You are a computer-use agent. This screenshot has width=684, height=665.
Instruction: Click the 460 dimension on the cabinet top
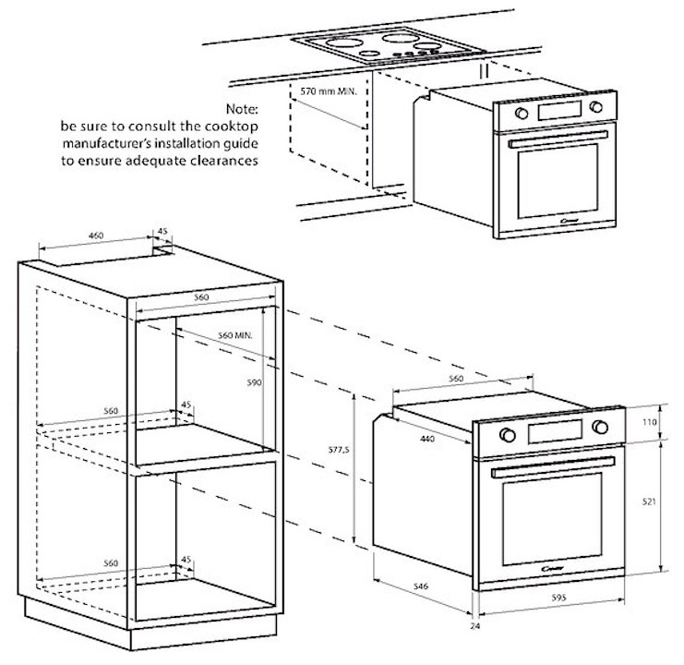(95, 236)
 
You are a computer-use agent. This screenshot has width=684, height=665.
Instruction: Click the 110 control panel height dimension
(649, 421)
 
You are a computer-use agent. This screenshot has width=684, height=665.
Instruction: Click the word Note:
(250, 109)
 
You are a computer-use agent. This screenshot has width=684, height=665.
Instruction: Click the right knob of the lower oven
(600, 427)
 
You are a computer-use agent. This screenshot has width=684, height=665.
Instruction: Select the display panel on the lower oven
(554, 431)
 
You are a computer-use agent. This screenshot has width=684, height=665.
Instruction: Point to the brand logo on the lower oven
(554, 565)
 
